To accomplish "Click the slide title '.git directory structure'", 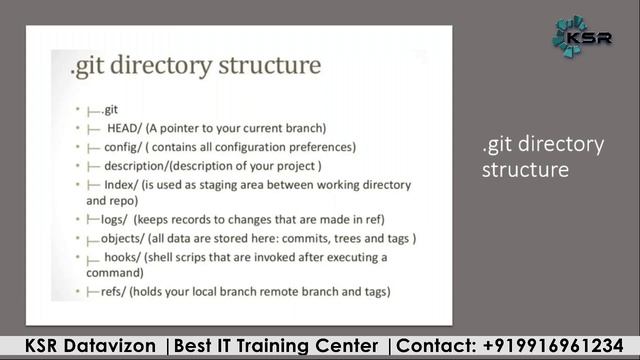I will pos(196,67).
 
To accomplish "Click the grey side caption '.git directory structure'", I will pos(542,157).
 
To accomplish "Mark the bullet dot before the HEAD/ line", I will pos(77,129).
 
